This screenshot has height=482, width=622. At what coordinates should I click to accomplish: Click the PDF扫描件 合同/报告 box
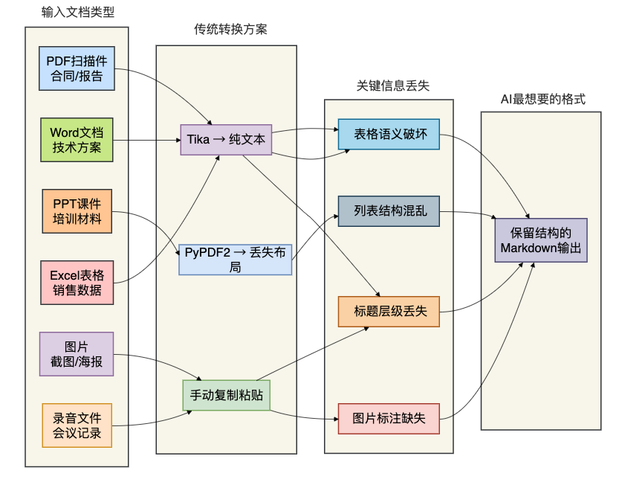[x=77, y=68]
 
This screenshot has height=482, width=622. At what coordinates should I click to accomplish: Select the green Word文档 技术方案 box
[x=77, y=140]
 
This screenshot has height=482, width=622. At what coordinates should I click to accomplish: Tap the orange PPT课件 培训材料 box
[x=77, y=211]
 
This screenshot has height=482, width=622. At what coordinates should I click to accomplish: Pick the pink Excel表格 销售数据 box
[x=77, y=283]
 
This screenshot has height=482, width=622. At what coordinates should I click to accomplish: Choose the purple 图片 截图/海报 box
[x=77, y=354]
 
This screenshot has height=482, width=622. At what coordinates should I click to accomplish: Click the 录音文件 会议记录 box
[x=77, y=425]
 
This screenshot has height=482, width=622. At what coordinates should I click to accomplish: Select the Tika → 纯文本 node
[x=226, y=140]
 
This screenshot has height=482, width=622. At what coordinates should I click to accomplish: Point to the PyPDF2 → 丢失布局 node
[x=236, y=260]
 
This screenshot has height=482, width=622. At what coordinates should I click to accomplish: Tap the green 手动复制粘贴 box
[x=227, y=396]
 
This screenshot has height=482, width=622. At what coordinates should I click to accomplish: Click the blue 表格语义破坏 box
[x=389, y=134]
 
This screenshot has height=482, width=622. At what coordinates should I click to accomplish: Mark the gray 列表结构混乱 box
[x=389, y=211]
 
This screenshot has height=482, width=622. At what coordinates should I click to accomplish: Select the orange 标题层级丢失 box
[x=389, y=312]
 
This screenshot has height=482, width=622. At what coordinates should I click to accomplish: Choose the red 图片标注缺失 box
[x=389, y=419]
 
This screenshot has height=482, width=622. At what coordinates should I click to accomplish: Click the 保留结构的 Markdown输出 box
[x=541, y=240]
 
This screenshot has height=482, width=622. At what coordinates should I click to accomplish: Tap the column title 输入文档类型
[x=78, y=13]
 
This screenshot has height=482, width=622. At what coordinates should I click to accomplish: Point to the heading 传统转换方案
[x=230, y=29]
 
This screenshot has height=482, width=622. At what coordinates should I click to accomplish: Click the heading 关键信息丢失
[x=393, y=86]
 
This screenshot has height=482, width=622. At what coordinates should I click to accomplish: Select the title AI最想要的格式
[x=543, y=99]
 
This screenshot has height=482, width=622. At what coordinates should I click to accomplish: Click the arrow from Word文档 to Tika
[x=147, y=140]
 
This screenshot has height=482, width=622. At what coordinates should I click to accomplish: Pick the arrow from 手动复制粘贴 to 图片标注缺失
[x=304, y=417]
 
